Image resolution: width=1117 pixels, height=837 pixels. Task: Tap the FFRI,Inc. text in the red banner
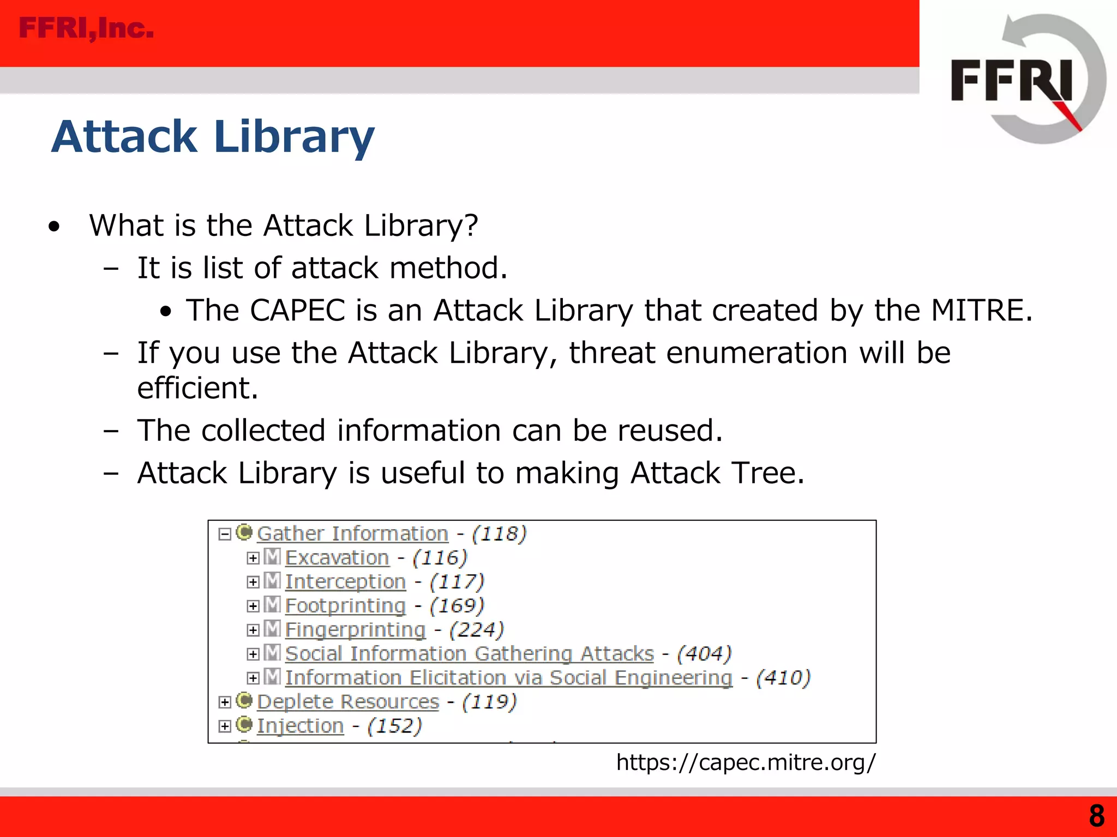(86, 28)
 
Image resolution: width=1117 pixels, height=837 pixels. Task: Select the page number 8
(1096, 816)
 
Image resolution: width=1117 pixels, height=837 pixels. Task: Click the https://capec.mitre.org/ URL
(746, 762)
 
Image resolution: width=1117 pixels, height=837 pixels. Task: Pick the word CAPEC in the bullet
(297, 311)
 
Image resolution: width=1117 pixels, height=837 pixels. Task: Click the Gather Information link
(352, 533)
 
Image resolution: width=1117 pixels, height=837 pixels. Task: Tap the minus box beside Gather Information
(225, 534)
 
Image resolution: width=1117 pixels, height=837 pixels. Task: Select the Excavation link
(337, 558)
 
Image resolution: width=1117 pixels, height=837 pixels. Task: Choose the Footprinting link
(345, 606)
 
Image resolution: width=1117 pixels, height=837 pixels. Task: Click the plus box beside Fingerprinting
(253, 630)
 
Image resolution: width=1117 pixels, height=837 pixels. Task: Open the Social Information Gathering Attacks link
(469, 654)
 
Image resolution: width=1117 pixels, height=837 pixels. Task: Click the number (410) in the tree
(783, 678)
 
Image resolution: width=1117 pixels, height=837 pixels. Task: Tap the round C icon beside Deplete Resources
(244, 701)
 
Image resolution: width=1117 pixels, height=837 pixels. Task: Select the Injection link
(300, 726)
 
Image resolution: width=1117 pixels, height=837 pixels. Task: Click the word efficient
(197, 388)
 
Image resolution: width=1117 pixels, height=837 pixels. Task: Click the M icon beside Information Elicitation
(272, 677)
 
